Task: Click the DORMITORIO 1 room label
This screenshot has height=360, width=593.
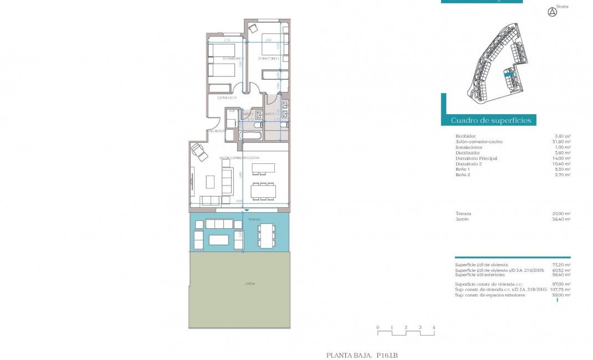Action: click(x=270, y=58)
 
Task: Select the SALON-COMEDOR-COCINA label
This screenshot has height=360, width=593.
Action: click(x=240, y=158)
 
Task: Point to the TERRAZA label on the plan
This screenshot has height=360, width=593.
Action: click(x=254, y=219)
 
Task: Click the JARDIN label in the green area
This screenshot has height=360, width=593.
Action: click(x=251, y=283)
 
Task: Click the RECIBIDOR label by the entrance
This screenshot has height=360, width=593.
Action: click(x=216, y=131)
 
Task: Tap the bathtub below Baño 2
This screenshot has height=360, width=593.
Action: click(x=252, y=135)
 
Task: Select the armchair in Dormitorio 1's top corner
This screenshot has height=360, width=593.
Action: click(x=253, y=28)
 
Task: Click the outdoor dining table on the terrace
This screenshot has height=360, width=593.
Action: click(x=267, y=235)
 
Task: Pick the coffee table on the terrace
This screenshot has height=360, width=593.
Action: click(x=219, y=239)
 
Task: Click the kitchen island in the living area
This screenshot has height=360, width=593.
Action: click(x=263, y=168)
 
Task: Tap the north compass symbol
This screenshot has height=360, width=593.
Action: click(x=551, y=12)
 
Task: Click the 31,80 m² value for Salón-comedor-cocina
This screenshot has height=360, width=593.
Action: click(x=563, y=141)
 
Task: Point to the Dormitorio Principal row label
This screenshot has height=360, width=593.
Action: click(x=476, y=158)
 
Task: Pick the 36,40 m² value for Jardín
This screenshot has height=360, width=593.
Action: click(x=563, y=219)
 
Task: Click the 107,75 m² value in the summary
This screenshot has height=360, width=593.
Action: click(x=560, y=289)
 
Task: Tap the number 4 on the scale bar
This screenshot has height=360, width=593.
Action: click(x=434, y=327)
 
